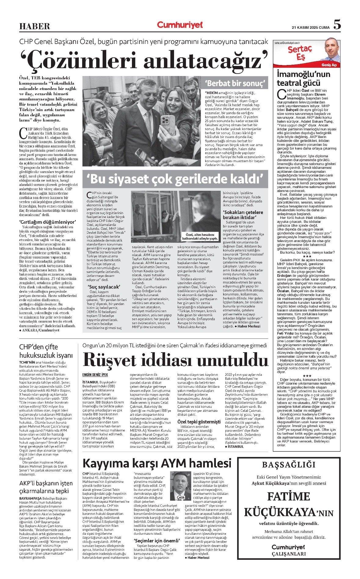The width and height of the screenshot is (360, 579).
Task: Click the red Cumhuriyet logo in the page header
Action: (180, 25)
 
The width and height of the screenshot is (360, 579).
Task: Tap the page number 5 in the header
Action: (337, 24)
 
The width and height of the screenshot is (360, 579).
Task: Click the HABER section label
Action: (35, 26)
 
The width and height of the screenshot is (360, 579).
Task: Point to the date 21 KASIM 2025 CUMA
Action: (311, 27)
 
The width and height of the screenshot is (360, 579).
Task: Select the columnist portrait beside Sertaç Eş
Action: (331, 51)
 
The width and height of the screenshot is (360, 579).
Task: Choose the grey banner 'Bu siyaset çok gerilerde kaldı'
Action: (175, 179)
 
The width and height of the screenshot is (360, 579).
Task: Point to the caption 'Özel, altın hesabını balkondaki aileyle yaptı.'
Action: (200, 236)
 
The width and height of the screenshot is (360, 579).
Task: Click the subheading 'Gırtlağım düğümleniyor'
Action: (47, 222)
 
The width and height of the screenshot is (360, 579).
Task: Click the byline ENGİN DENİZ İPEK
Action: (95, 375)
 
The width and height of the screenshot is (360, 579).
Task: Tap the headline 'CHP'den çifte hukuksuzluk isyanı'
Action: (46, 351)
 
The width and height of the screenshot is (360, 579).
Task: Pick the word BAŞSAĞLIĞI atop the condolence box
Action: (289, 465)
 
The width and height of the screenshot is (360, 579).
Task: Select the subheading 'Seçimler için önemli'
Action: (157, 541)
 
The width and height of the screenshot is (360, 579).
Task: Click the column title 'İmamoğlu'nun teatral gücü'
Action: (303, 78)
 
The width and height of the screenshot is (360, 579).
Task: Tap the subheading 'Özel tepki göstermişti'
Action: (199, 422)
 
